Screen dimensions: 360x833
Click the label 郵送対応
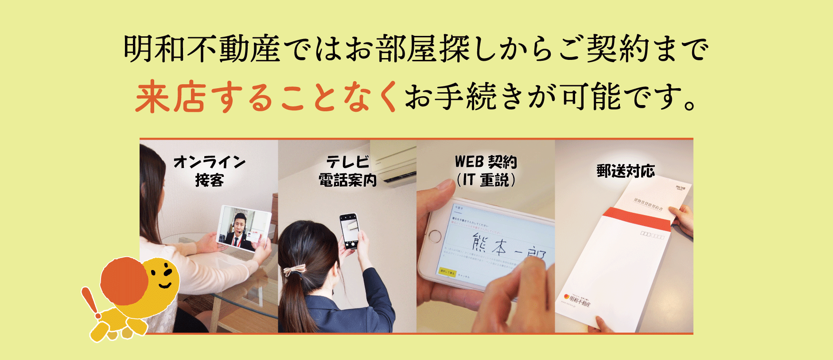(625, 171)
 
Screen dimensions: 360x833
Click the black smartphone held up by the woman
(349, 231)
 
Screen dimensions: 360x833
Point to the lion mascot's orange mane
(124, 282)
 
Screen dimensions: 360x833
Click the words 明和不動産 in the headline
(202, 49)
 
